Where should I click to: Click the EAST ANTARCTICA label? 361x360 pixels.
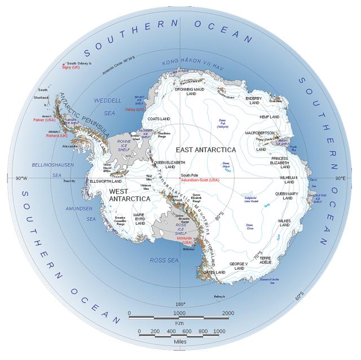[205, 150]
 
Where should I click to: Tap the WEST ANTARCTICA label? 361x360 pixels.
[130, 195]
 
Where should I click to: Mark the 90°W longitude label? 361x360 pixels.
[21, 178]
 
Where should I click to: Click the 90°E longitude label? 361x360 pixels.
[340, 178]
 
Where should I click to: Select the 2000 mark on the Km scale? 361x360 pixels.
[227, 313]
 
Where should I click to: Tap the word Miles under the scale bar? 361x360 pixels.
[179, 341]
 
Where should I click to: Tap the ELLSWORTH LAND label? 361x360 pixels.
[106, 181]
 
